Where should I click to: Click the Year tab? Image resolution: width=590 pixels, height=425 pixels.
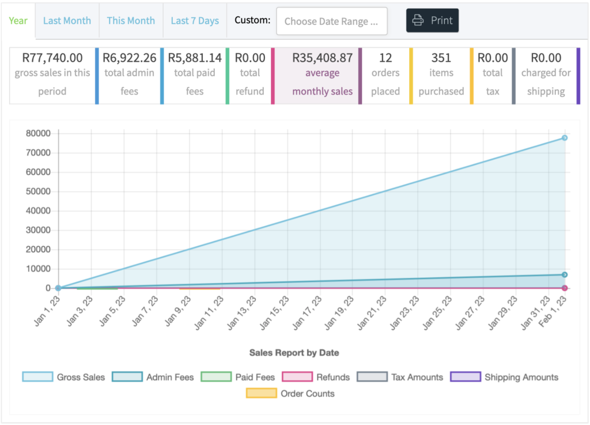click(18, 21)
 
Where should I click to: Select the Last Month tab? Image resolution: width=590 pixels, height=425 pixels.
click(67, 21)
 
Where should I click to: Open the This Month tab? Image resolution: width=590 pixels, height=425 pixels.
click(131, 21)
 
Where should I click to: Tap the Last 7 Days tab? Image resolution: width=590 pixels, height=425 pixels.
click(195, 21)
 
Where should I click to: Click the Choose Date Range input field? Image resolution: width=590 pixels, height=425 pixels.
click(331, 21)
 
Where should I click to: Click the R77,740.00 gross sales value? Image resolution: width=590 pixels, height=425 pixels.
click(52, 58)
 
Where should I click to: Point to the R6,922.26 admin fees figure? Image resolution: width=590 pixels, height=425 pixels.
click(130, 58)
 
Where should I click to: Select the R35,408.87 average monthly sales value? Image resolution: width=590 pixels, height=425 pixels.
click(323, 58)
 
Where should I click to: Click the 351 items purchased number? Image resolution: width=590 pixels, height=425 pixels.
click(441, 58)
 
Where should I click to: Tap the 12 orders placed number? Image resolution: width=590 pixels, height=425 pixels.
click(385, 58)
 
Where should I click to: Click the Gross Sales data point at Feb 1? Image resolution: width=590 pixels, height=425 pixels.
click(565, 138)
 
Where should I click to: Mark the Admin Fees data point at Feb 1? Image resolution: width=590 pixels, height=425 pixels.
click(565, 275)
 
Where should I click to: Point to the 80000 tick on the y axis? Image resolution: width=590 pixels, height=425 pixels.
click(38, 133)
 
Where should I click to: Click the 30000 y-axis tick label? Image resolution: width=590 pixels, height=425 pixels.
click(38, 230)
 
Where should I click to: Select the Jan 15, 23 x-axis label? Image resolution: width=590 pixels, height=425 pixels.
click(274, 313)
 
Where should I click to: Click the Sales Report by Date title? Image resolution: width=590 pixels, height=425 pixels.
click(294, 353)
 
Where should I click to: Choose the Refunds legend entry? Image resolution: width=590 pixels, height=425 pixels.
click(316, 377)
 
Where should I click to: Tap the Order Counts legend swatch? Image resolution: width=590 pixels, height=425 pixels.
click(261, 393)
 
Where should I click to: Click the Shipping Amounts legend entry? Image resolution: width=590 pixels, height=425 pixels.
click(504, 377)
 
